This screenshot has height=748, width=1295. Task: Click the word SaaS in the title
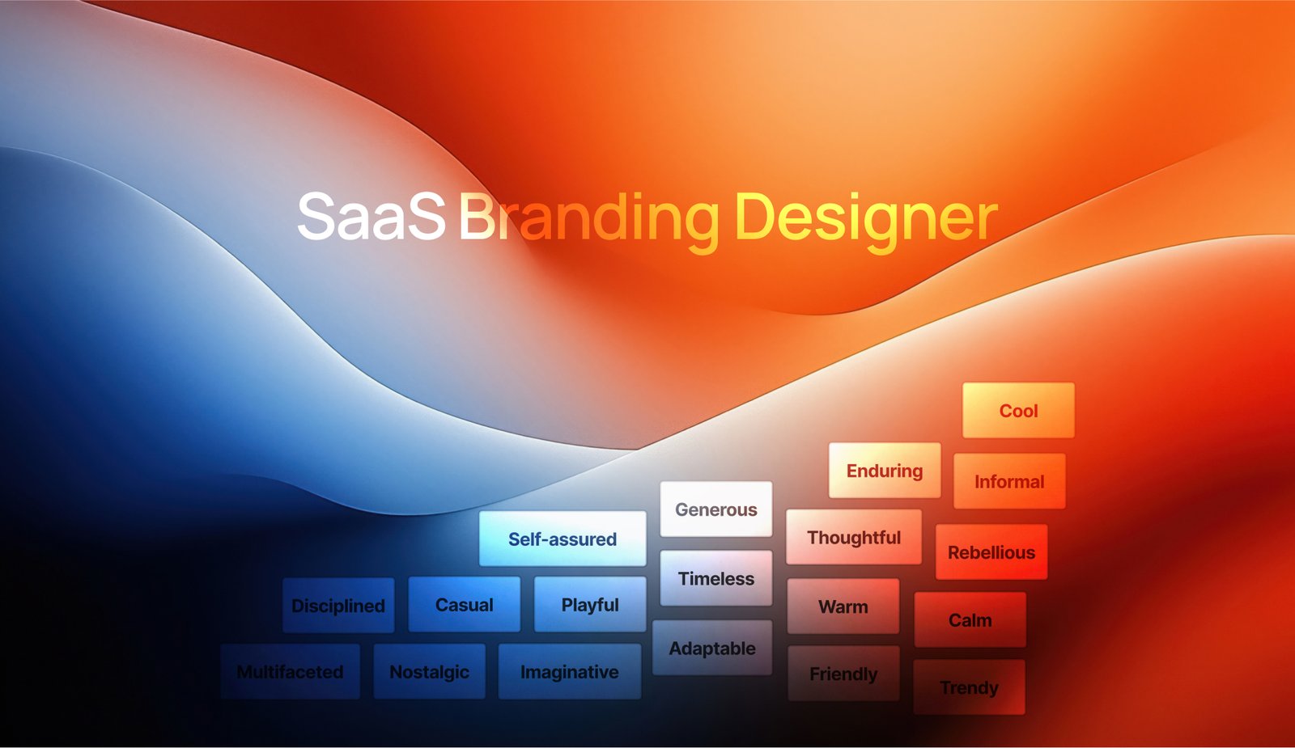click(x=371, y=217)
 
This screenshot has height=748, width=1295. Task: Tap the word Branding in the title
click(x=589, y=218)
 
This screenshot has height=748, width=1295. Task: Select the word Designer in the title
click(x=866, y=218)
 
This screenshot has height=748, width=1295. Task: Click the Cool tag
click(x=1018, y=411)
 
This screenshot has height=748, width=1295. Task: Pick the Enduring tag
click(x=885, y=471)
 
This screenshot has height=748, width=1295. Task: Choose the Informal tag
click(x=1009, y=482)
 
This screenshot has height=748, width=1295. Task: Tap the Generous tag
click(x=716, y=509)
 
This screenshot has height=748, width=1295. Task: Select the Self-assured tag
click(x=563, y=539)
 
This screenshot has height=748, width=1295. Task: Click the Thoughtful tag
click(x=854, y=538)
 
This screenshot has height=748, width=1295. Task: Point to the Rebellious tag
click(x=991, y=552)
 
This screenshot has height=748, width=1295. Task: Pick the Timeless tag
click(x=716, y=579)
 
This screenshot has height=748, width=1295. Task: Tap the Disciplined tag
click(x=338, y=606)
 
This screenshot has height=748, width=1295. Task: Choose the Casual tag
click(x=465, y=605)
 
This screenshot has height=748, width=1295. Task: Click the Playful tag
click(x=590, y=605)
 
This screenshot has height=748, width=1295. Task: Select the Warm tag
click(x=843, y=606)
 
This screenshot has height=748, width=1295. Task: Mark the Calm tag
click(x=970, y=620)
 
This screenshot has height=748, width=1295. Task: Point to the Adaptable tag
click(x=712, y=649)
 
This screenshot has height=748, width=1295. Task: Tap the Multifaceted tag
click(x=290, y=672)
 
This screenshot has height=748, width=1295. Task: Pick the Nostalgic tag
click(x=429, y=672)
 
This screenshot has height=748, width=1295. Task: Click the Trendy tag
click(x=969, y=687)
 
